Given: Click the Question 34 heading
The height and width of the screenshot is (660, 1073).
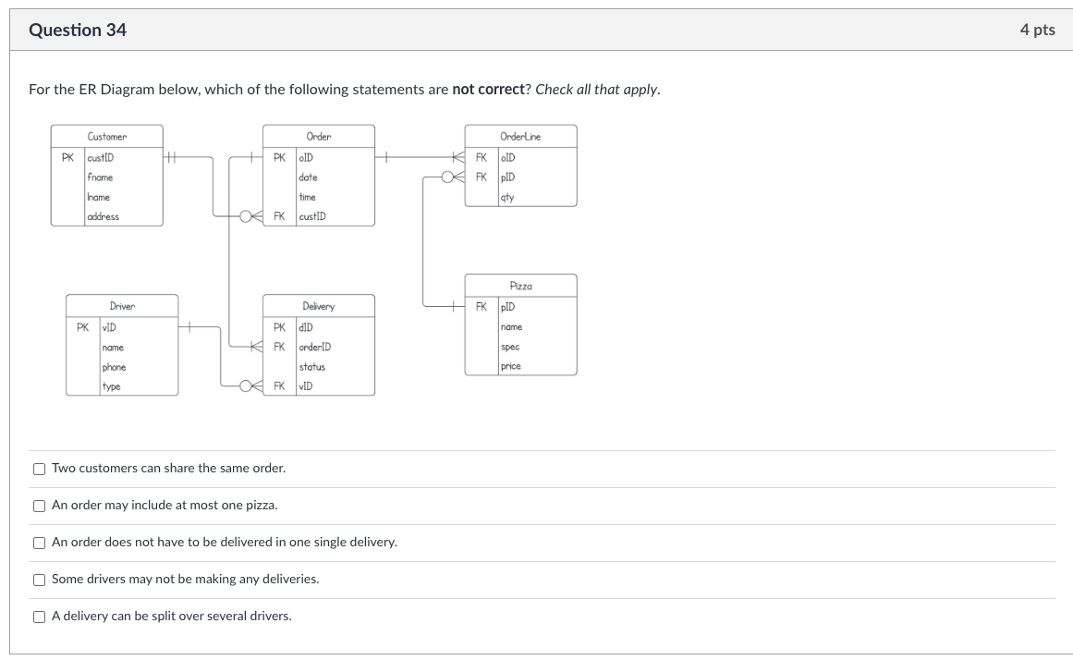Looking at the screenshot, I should (x=78, y=30).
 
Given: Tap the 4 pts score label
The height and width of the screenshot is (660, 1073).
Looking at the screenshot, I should (x=1037, y=30).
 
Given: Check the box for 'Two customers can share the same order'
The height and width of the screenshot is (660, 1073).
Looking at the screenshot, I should (x=39, y=469).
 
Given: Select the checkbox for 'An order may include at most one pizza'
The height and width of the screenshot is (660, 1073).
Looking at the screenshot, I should (x=39, y=506).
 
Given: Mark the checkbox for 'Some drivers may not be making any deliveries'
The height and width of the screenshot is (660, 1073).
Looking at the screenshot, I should (x=39, y=580).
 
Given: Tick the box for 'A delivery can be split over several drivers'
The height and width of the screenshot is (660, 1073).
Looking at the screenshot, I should (x=39, y=617).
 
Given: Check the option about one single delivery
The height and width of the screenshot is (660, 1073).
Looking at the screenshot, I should (x=39, y=543).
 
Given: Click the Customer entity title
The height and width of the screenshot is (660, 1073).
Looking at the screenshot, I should (x=107, y=137).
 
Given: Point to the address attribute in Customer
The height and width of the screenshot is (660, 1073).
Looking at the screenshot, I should (x=103, y=216).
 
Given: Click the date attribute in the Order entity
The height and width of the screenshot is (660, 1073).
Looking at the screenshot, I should (x=308, y=177).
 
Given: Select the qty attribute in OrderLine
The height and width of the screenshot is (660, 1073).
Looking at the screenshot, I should (x=506, y=197).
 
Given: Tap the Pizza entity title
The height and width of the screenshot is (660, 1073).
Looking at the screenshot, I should (x=520, y=287).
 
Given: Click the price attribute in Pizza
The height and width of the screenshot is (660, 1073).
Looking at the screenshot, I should (x=510, y=366).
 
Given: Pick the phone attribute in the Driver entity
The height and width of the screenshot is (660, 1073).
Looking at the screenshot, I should (x=114, y=367).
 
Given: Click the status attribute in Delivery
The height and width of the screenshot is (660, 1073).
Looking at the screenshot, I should (x=311, y=367).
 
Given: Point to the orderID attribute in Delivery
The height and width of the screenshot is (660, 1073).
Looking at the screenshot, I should (x=314, y=347).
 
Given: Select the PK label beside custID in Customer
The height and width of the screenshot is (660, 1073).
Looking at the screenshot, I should (x=67, y=157).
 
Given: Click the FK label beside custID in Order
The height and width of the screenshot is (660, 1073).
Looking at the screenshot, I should (x=279, y=216).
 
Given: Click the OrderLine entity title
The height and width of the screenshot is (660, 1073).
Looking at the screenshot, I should (x=520, y=137).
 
